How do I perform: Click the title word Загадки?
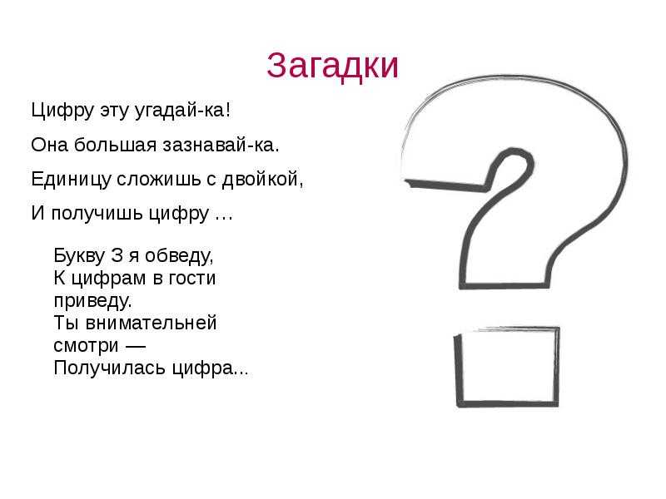tap(332, 66)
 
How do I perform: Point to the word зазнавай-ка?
tap(221, 145)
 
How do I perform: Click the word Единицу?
tap(71, 179)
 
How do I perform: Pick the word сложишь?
tap(159, 179)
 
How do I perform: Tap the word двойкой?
tap(263, 179)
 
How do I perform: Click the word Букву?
tap(79, 256)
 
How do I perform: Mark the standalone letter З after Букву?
tap(117, 256)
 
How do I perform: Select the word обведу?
tap(179, 256)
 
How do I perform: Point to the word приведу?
tap(92, 301)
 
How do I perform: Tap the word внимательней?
tap(151, 323)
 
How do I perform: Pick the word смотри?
tap(86, 345)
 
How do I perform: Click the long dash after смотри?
tap(136, 346)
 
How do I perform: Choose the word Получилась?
tap(110, 368)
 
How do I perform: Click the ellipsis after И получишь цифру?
tap(224, 219)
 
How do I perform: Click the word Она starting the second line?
tap(50, 145)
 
